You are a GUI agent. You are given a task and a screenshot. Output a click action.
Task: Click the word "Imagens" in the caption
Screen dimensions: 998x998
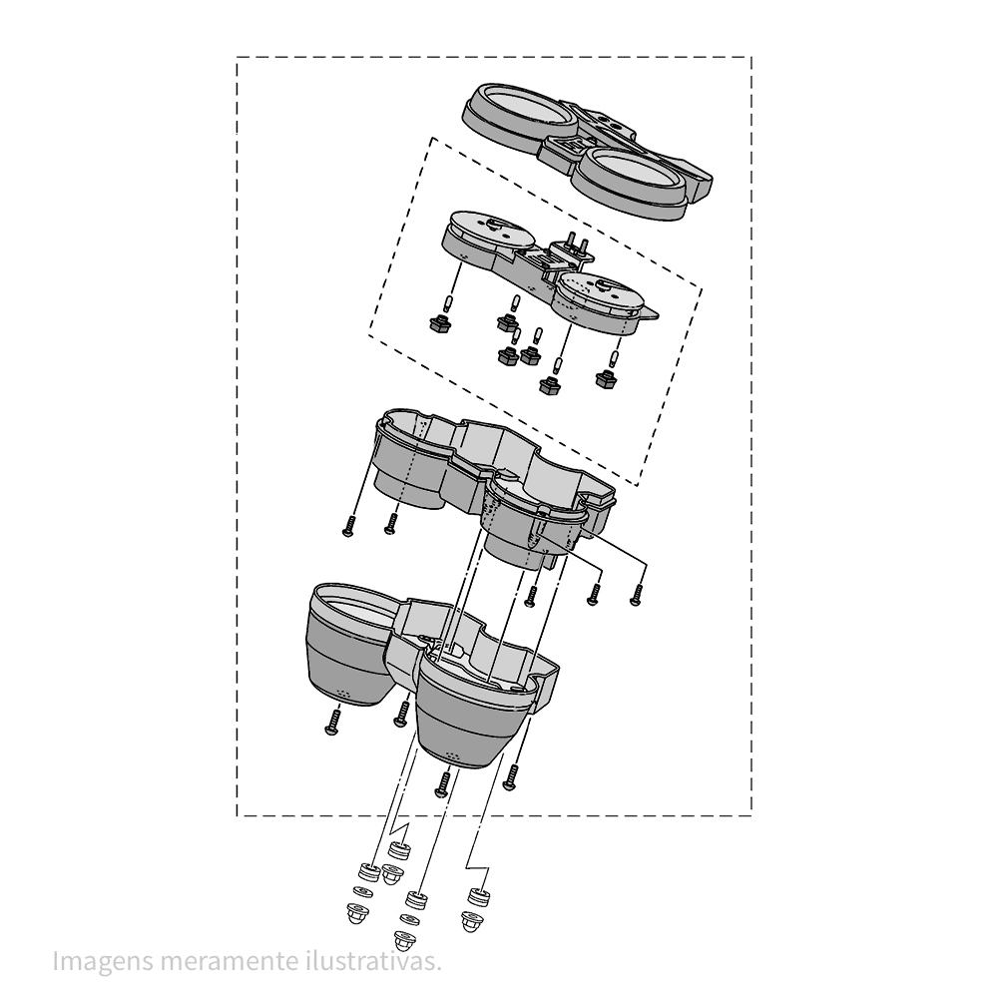point(102,961)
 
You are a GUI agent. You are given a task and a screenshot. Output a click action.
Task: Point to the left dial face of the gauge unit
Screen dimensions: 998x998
point(490,230)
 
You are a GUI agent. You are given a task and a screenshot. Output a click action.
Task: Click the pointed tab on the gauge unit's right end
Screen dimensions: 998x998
point(650,313)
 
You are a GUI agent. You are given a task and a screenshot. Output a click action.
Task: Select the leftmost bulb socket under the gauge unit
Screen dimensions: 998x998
point(439,323)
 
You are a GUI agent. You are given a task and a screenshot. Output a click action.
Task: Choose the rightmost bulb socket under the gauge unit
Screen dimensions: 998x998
point(607,379)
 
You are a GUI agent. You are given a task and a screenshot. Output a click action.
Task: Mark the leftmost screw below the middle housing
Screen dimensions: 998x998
point(347,526)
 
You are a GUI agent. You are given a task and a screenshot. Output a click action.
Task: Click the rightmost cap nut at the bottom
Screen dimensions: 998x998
point(471,921)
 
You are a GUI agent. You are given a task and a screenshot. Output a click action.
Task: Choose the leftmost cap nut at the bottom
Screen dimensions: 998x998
point(357,913)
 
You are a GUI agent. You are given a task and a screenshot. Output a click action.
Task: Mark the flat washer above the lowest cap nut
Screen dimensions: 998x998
point(407,919)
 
